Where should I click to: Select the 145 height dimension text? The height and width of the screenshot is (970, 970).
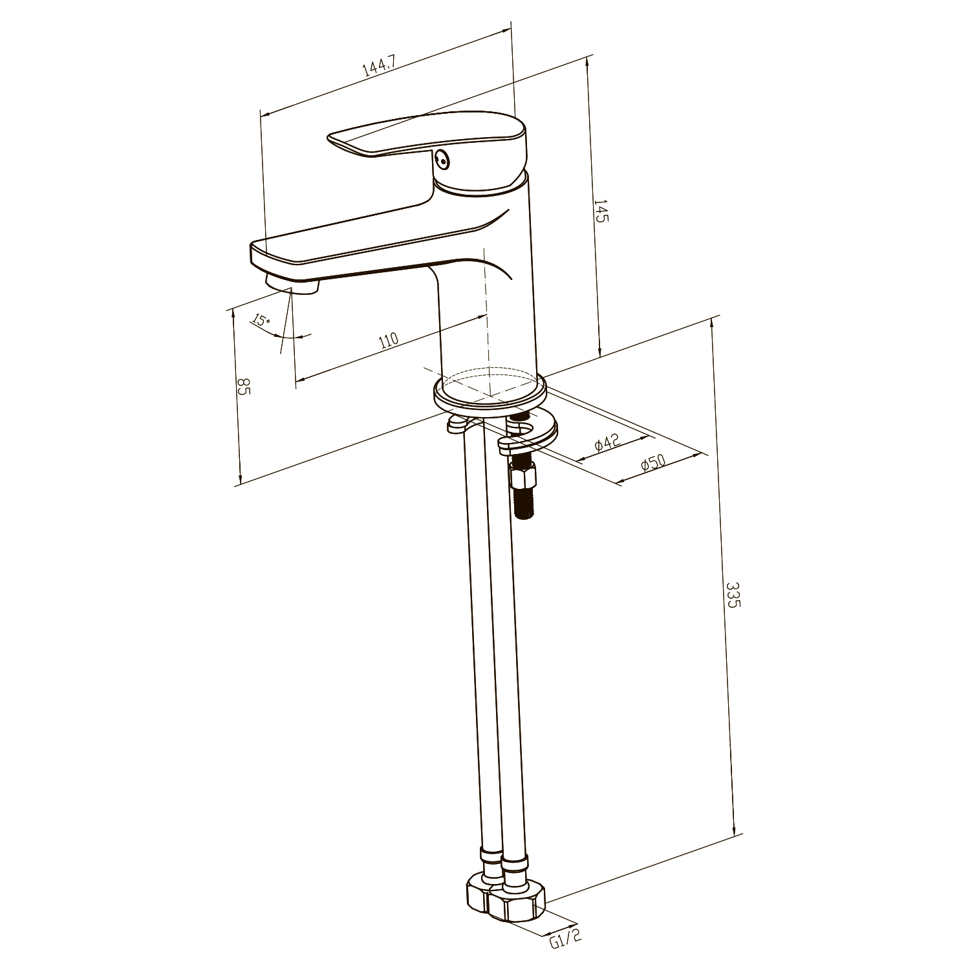[601, 211]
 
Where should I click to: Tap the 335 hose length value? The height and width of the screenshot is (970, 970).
[733, 595]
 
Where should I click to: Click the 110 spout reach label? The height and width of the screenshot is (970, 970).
[389, 340]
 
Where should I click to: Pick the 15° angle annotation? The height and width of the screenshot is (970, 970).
[260, 319]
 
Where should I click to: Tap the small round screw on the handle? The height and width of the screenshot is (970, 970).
[442, 158]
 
